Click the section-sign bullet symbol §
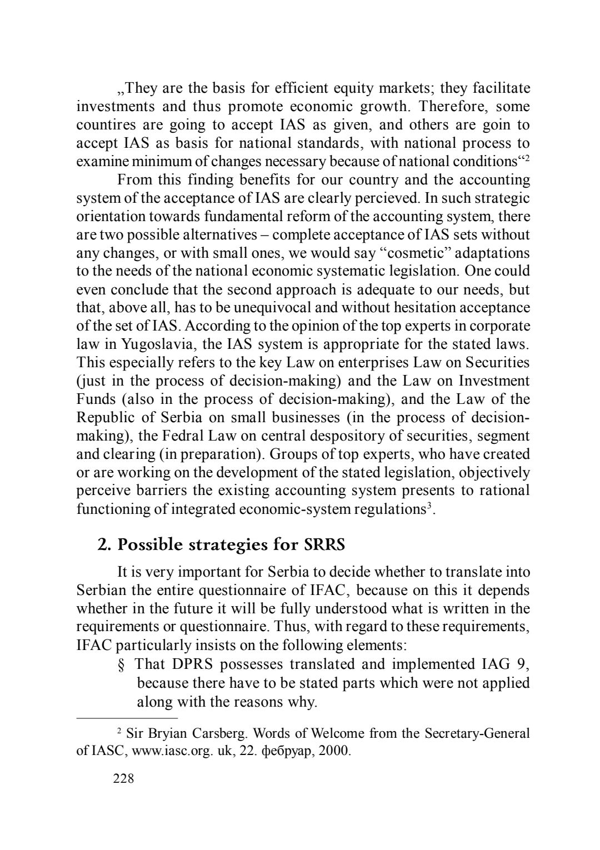coord(122,664)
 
